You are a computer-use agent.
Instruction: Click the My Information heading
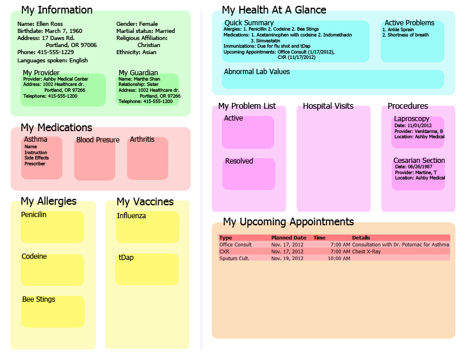click(x=56, y=10)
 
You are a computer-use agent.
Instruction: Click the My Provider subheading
click(x=41, y=73)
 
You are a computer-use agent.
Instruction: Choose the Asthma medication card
click(x=42, y=158)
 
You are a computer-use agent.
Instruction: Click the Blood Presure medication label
click(x=98, y=140)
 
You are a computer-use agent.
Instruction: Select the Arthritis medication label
click(x=142, y=139)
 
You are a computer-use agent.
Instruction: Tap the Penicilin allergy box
click(x=52, y=227)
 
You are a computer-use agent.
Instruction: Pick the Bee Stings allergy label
click(x=39, y=299)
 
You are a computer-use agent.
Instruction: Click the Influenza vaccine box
click(x=147, y=227)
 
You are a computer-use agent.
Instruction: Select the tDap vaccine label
click(x=125, y=258)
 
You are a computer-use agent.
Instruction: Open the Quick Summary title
click(x=249, y=23)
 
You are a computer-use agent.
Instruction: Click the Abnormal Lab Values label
click(x=257, y=72)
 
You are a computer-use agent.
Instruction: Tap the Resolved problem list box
click(x=248, y=174)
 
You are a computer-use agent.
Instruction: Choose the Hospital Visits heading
click(x=328, y=106)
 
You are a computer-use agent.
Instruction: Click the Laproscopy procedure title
click(x=412, y=119)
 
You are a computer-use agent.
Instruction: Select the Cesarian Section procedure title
click(x=419, y=161)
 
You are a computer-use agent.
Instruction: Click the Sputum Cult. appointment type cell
click(x=234, y=258)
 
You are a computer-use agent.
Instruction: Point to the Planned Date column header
click(x=289, y=238)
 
